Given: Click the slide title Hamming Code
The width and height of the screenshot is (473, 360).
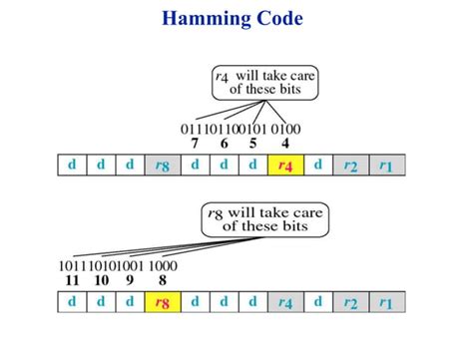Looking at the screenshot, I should (x=236, y=18).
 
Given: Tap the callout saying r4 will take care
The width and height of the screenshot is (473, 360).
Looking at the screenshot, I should (x=265, y=81).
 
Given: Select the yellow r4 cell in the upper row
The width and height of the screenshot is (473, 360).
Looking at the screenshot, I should (x=284, y=166).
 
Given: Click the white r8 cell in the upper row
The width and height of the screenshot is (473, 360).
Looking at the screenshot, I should (x=159, y=166).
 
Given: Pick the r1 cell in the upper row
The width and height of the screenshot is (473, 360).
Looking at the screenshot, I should (x=385, y=166).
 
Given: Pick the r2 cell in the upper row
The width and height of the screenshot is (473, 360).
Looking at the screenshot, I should (x=351, y=166).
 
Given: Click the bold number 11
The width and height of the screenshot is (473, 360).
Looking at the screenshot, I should (x=73, y=281).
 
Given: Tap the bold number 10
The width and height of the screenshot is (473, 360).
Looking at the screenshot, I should (x=101, y=281).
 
